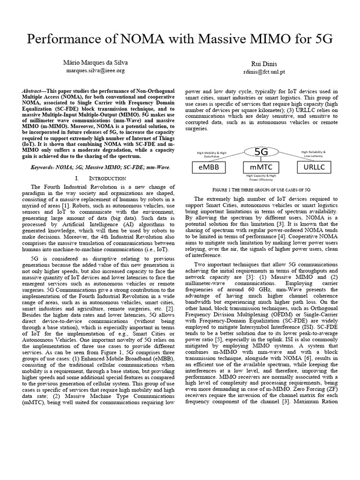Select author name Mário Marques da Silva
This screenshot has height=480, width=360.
(95, 62)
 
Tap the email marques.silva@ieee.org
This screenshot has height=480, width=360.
(95, 70)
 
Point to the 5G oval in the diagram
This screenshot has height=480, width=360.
(261, 152)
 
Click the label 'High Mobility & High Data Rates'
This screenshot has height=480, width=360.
(211, 154)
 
